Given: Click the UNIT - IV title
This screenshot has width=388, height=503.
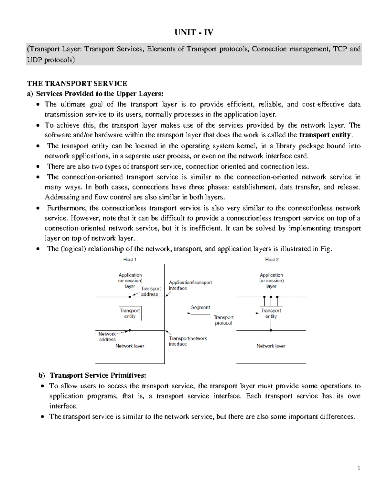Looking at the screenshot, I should [x=194, y=32].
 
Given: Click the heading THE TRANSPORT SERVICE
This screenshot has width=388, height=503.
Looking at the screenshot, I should [x=77, y=84].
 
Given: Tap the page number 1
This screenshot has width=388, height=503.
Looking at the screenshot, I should [x=359, y=468].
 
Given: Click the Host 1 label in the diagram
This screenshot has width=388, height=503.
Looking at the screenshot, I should [x=130, y=259].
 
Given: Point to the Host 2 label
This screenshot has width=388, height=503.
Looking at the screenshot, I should [x=272, y=259].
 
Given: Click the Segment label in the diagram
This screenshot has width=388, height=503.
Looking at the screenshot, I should [x=200, y=307].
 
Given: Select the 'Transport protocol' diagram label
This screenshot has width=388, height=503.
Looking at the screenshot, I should [x=223, y=320].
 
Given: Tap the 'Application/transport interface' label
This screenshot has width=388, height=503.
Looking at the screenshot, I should [x=190, y=285].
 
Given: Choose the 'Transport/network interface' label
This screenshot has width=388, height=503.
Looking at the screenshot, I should [x=188, y=341].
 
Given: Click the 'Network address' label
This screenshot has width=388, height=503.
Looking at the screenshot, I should [x=107, y=337].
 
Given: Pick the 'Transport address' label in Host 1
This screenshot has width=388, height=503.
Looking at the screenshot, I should [x=150, y=291].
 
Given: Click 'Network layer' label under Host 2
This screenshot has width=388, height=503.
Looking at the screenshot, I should [x=271, y=346].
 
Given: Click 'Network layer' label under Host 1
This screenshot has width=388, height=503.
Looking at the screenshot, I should [x=130, y=346].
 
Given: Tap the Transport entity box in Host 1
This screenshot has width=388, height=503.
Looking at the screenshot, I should [x=130, y=313].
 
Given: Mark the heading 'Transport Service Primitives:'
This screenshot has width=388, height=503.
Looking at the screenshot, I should [x=98, y=375].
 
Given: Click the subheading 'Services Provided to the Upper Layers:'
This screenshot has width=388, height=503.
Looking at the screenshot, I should [x=100, y=94].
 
